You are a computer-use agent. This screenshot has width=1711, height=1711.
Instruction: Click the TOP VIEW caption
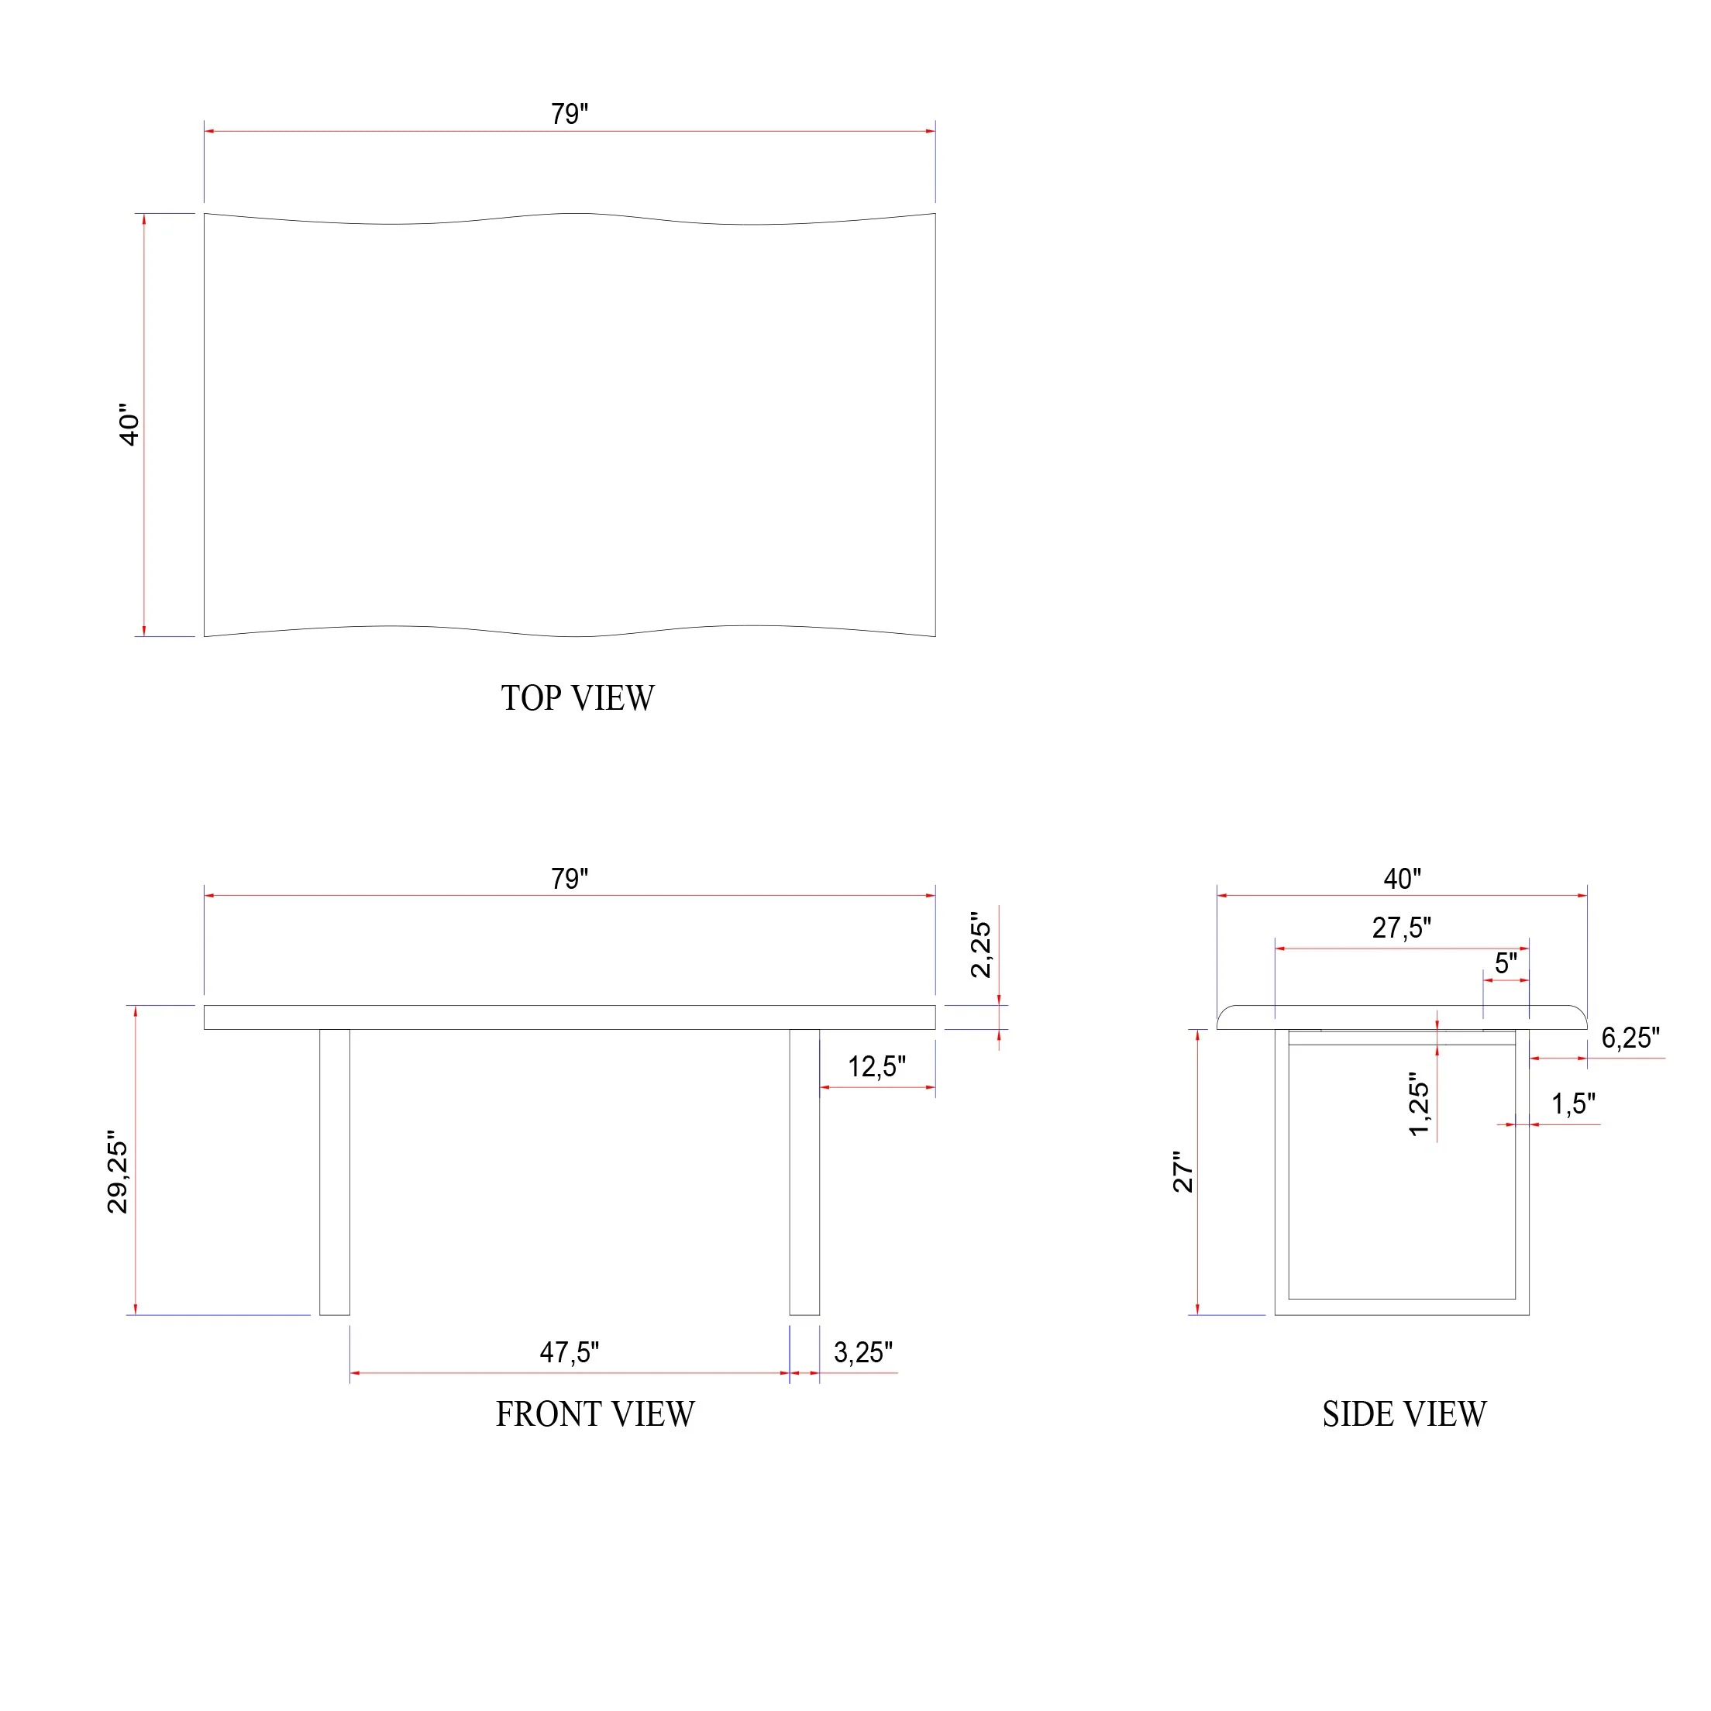pyautogui.click(x=577, y=699)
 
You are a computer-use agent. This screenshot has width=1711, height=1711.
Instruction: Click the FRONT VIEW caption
pyautogui.click(x=595, y=1414)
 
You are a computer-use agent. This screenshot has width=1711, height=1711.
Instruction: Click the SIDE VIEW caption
pyautogui.click(x=1405, y=1414)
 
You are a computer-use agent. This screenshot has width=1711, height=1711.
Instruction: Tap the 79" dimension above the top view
pyautogui.click(x=570, y=114)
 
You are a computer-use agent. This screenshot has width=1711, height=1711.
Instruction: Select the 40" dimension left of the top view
pyautogui.click(x=129, y=425)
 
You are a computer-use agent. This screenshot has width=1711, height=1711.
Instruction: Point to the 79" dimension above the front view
pyautogui.click(x=570, y=879)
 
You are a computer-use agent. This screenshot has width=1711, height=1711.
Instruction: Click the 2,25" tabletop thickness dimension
pyautogui.click(x=981, y=944)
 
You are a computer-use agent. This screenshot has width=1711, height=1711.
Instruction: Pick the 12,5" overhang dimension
pyautogui.click(x=876, y=1066)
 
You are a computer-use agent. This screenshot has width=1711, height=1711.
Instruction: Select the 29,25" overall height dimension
pyautogui.click(x=118, y=1172)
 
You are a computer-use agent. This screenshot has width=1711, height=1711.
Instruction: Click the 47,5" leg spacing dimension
pyautogui.click(x=570, y=1352)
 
